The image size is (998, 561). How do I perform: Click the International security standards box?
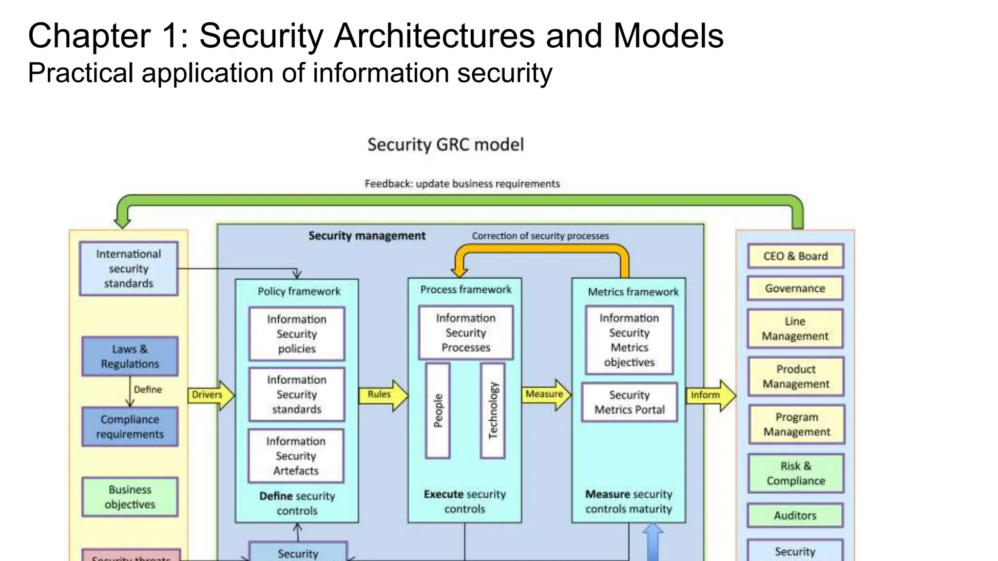click(x=129, y=268)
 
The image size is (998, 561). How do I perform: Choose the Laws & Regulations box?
click(x=130, y=356)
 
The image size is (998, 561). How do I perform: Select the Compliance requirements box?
click(x=130, y=427)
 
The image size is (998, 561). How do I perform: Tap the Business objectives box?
click(x=130, y=497)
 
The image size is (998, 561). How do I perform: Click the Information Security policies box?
click(x=296, y=334)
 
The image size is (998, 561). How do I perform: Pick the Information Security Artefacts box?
click(x=296, y=456)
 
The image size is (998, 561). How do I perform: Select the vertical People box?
click(x=438, y=411)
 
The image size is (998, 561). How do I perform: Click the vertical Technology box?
click(x=493, y=411)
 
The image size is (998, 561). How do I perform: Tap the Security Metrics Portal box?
click(x=629, y=402)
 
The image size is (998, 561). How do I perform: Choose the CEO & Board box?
click(x=795, y=256)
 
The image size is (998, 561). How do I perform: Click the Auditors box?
click(x=795, y=515)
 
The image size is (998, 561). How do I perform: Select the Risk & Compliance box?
click(x=796, y=473)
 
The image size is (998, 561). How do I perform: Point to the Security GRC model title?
click(x=445, y=145)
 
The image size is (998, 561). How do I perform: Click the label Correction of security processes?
click(x=540, y=236)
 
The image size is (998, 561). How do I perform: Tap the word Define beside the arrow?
click(x=148, y=390)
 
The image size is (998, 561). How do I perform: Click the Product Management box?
click(x=796, y=376)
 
